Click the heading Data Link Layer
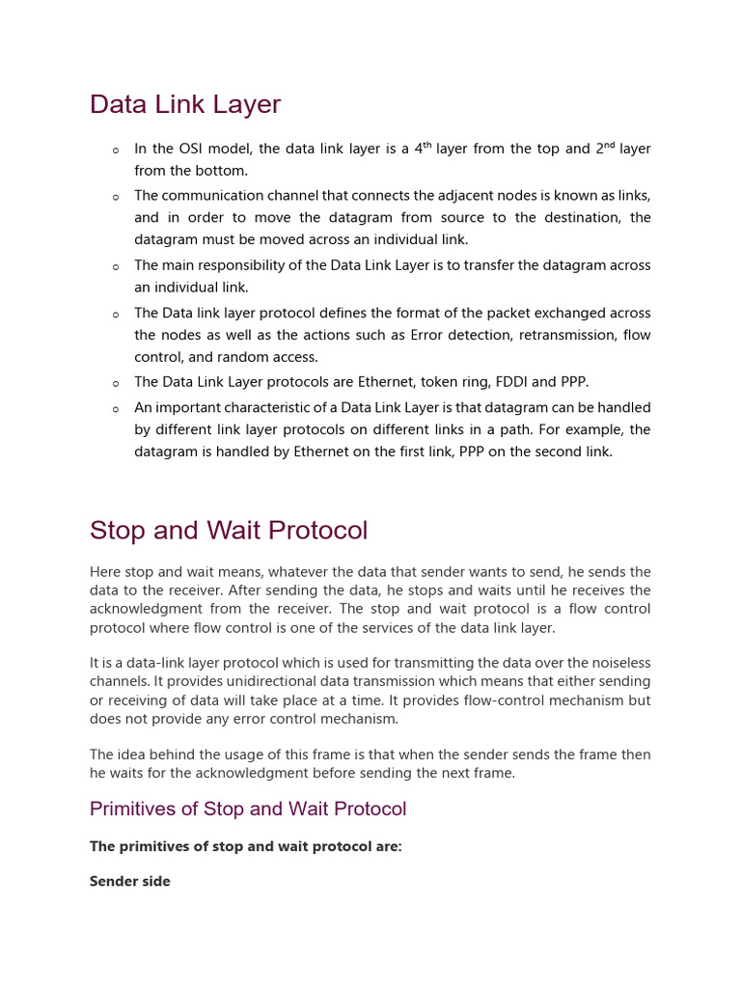[185, 104]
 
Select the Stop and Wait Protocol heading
[229, 531]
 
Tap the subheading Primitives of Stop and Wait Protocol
[248, 809]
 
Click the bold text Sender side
[130, 881]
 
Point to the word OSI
[189, 149]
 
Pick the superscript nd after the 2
[609, 145]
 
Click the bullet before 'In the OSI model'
[116, 151]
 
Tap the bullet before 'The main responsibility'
[116, 267]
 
